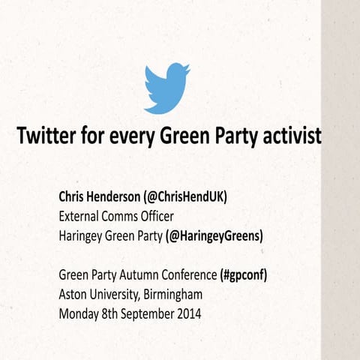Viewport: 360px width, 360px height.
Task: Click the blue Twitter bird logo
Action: point(166,88)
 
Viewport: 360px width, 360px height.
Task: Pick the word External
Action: point(82,217)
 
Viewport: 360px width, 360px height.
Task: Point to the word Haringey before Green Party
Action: point(83,236)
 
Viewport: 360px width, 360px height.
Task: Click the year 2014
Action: point(187,314)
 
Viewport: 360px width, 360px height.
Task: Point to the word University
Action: point(118,295)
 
